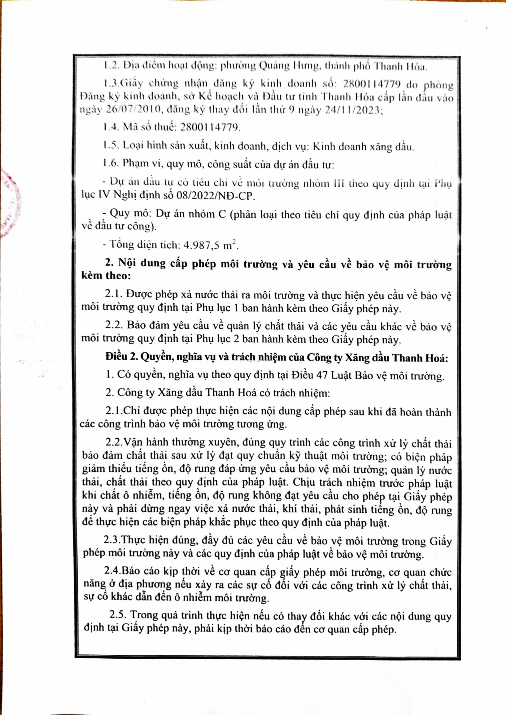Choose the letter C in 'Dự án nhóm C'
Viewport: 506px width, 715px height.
[221, 215]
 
